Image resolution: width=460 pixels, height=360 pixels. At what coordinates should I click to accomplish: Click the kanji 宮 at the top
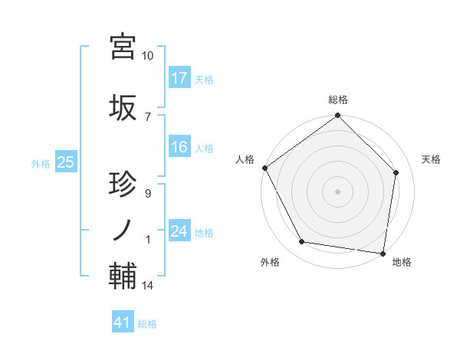tap(123, 47)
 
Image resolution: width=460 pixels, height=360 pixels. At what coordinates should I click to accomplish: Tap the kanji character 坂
tap(123, 107)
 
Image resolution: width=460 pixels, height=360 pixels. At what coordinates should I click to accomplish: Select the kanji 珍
tap(123, 185)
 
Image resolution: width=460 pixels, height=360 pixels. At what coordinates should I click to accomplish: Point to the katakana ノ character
tap(123, 229)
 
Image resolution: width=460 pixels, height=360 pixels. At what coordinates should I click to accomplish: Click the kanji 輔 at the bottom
tap(123, 275)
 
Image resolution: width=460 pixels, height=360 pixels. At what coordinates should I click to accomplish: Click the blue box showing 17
tap(179, 78)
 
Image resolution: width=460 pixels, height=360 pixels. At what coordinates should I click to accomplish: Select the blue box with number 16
tap(179, 147)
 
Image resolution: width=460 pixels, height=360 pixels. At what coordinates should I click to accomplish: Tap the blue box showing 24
tap(179, 231)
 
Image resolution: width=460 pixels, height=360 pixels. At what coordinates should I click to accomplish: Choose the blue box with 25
tap(65, 162)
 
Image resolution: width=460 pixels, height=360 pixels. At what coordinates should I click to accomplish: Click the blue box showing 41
tap(123, 323)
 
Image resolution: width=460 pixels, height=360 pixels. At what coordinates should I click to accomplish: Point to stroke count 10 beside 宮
tap(147, 57)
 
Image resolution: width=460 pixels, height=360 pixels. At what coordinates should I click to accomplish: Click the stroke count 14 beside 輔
tap(147, 286)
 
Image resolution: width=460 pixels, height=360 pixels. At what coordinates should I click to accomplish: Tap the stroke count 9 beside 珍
tap(147, 194)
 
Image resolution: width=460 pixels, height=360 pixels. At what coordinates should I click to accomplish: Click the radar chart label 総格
tap(338, 100)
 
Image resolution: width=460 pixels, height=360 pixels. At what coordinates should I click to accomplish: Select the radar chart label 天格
tap(432, 159)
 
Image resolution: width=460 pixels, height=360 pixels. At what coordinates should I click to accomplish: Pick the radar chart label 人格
tap(245, 159)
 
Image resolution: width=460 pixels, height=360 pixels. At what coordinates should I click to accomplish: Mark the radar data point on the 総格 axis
tap(337, 116)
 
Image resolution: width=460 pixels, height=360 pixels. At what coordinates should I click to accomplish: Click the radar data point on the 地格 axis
tap(382, 253)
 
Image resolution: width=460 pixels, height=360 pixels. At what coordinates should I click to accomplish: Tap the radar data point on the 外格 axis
tap(302, 242)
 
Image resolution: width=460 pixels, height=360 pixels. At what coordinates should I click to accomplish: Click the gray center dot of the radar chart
tap(337, 191)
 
